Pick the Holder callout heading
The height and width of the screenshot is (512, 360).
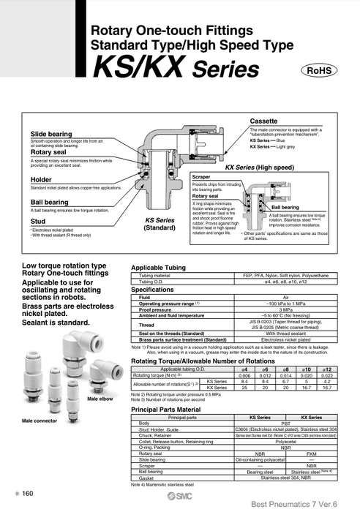point(41,179)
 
